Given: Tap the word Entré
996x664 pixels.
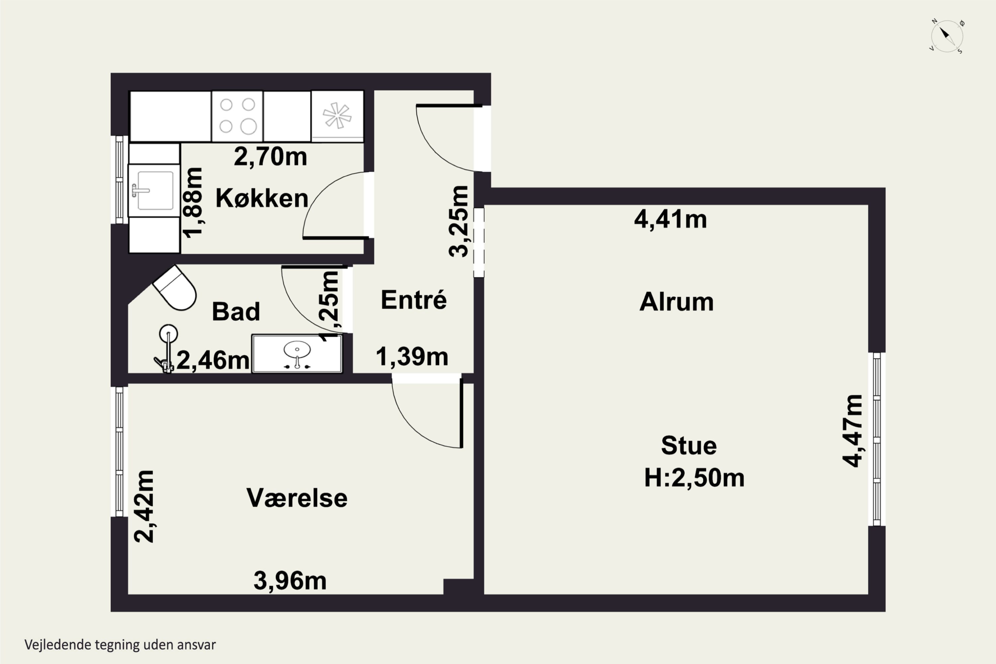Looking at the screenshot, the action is (x=413, y=299).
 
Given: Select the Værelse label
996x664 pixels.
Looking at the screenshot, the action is (x=297, y=498).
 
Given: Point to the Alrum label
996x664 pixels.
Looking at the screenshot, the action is (x=676, y=301).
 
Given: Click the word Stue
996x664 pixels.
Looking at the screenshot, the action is (x=689, y=446).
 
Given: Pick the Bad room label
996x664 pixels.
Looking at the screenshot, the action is (x=235, y=311).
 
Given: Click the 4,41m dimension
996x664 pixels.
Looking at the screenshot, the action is (x=670, y=219).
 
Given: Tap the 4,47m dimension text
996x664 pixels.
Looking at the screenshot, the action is (x=852, y=431).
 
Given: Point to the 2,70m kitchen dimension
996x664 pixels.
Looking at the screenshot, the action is (x=270, y=156).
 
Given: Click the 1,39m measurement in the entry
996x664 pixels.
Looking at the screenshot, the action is (x=412, y=356).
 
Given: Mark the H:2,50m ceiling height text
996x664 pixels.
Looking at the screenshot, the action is (x=694, y=478).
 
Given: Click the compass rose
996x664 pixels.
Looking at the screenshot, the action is (x=947, y=37).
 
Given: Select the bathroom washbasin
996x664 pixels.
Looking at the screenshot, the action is (x=297, y=354).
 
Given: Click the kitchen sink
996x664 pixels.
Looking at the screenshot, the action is (x=154, y=191).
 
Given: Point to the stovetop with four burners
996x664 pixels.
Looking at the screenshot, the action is (x=237, y=116).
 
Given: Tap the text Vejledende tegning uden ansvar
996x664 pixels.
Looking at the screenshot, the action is (x=120, y=644).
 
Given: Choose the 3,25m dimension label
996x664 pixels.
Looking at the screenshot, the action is (x=458, y=221).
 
